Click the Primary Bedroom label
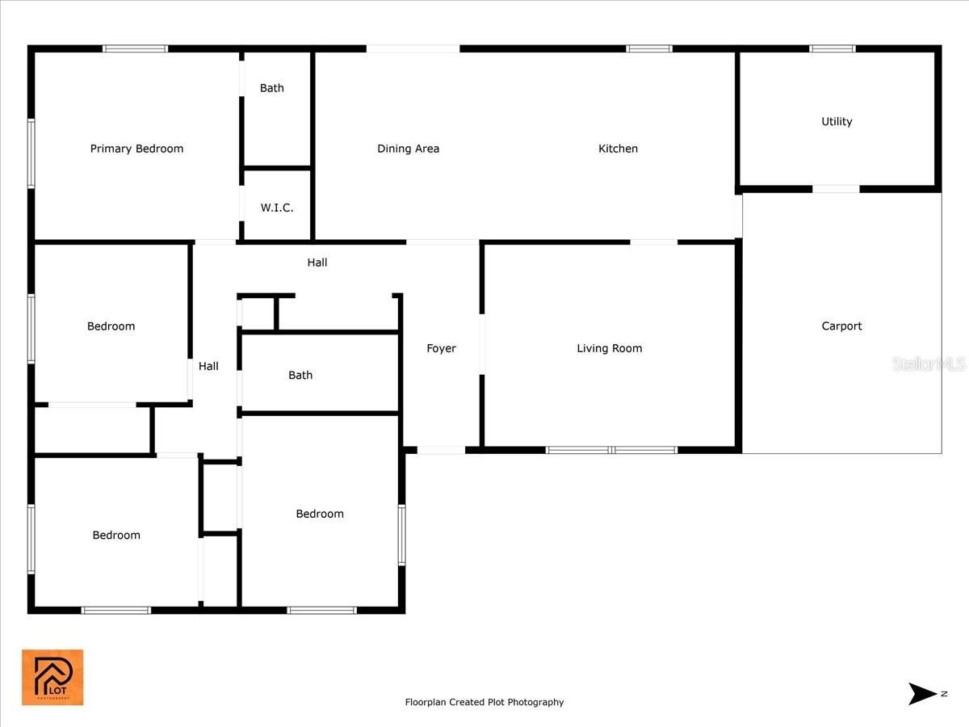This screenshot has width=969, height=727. pos(136,149)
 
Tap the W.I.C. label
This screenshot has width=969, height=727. pos(277,208)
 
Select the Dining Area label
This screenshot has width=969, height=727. pos(409,149)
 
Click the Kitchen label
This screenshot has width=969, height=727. pos(618,149)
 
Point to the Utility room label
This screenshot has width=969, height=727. pos(837,121)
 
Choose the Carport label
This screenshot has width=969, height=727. pos(841,326)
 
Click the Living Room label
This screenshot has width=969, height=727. pos(609,348)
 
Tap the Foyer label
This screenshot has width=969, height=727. pos(441,348)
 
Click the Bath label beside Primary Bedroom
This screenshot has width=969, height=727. pos(272,88)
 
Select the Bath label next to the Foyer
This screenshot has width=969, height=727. pos(300,375)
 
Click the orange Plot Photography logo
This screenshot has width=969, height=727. pos(52,677)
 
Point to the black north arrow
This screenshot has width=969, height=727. pos(922,693)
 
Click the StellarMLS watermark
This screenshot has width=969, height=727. pos(929,364)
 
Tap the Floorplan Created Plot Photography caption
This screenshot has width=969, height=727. pos(484,702)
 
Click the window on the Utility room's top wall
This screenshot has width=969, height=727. pos(833,48)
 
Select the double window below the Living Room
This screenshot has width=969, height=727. pos(611,450)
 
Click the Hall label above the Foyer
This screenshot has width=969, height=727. pos(317,263)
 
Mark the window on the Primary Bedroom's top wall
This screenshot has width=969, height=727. pos(136,48)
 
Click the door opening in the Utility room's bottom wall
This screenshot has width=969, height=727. pos(836,189)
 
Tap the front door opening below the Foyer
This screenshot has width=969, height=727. pos(441,450)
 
